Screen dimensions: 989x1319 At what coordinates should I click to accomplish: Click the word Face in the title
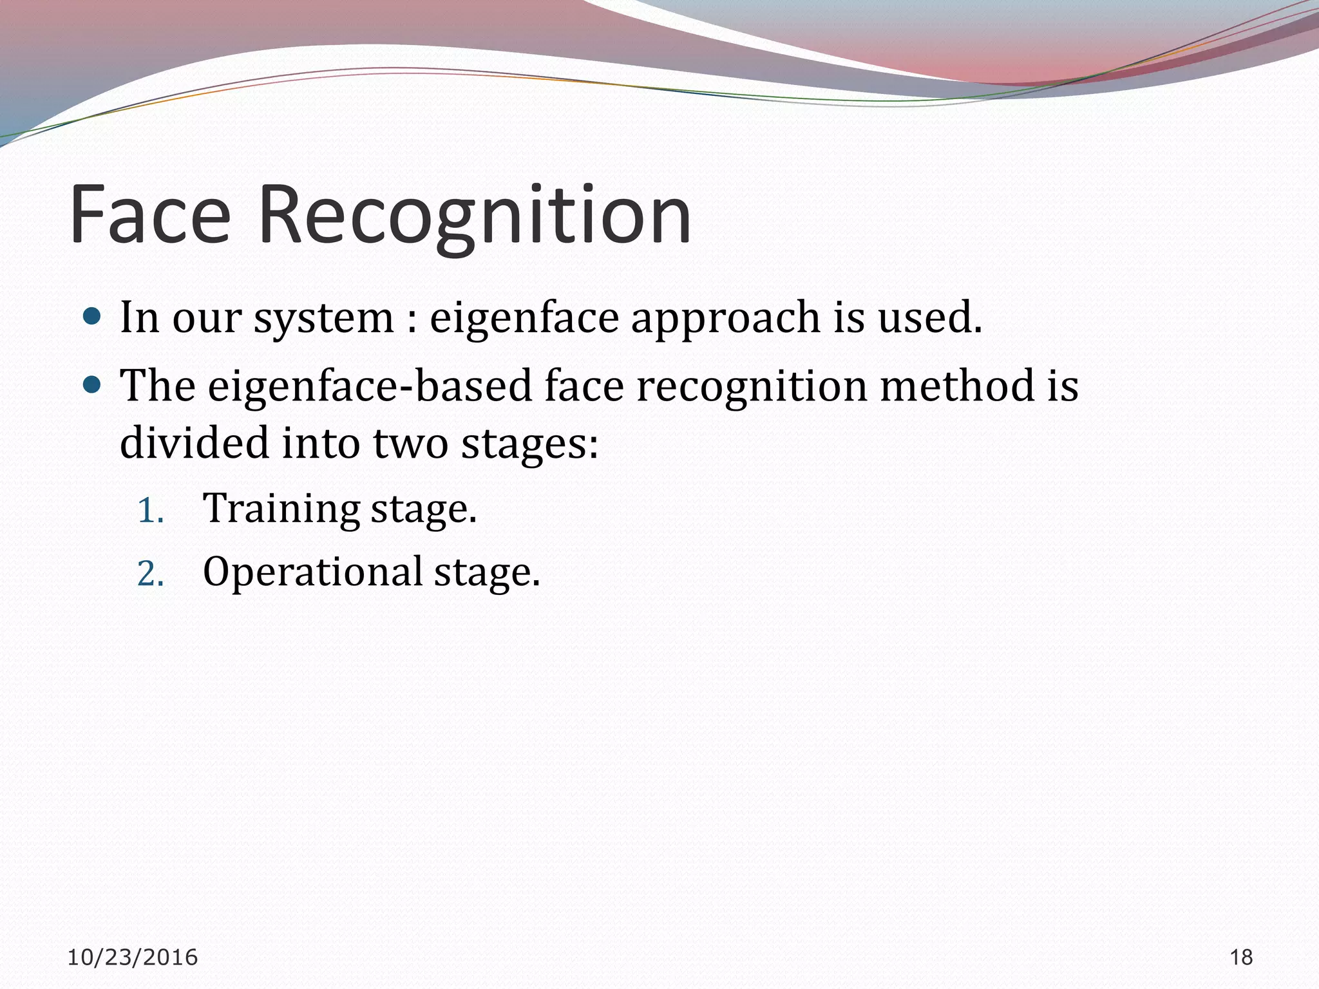click(149, 215)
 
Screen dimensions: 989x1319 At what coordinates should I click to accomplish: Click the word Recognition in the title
click(475, 215)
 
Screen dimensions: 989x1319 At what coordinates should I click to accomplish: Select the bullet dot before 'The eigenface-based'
click(93, 385)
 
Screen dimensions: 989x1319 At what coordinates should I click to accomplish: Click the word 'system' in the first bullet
click(323, 318)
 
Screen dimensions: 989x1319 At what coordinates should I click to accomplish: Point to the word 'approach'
click(725, 318)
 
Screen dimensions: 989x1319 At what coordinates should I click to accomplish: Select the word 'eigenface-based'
click(370, 386)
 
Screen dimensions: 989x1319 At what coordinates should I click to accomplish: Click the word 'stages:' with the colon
click(529, 444)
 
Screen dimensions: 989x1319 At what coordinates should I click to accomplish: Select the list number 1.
click(151, 511)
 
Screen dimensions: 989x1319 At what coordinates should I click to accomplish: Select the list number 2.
click(151, 574)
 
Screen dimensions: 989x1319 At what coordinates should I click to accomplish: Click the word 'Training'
click(281, 509)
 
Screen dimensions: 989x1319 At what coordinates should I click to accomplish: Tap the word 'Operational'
click(312, 572)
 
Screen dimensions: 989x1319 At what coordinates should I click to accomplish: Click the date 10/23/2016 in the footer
click(132, 957)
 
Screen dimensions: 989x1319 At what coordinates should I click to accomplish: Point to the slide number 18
click(1241, 957)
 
